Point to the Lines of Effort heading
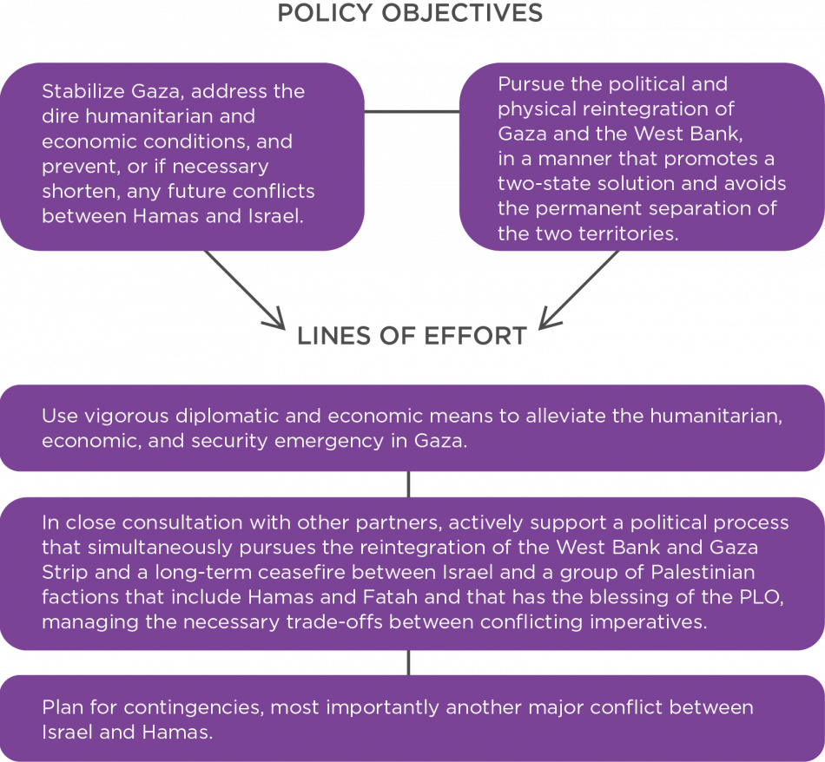(x=410, y=337)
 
